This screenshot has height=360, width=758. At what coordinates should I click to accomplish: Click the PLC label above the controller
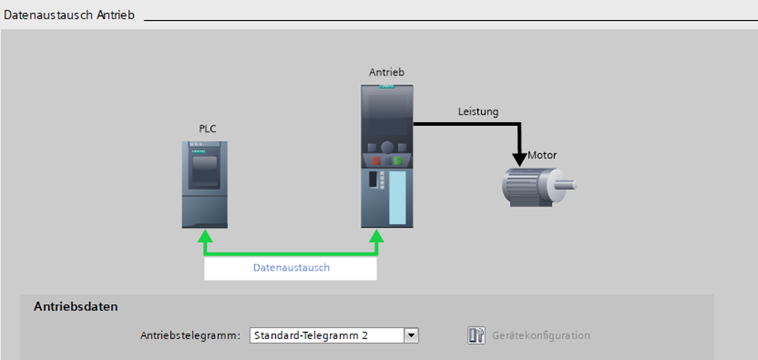tap(209, 129)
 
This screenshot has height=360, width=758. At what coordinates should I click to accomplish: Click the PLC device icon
tap(205, 184)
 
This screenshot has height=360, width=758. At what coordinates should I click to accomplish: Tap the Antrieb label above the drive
tap(387, 72)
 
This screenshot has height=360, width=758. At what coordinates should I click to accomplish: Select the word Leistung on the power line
tap(478, 111)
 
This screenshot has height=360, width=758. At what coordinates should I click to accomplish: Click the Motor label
tap(542, 156)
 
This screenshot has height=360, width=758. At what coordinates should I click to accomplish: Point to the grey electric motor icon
tap(538, 188)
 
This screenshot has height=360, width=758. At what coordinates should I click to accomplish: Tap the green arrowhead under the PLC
tap(205, 236)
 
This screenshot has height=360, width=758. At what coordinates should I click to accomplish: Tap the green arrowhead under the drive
tap(376, 236)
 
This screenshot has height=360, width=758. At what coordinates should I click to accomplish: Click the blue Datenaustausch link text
tap(291, 267)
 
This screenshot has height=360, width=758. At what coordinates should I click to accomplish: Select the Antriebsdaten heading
tap(76, 306)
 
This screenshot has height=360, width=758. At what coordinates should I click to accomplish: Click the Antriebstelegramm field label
tap(190, 335)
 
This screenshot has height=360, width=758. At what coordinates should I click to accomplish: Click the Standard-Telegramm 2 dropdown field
tap(327, 335)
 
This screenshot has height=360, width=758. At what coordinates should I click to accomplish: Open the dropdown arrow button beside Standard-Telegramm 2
tap(411, 335)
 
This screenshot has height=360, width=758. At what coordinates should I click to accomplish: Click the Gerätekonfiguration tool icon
tap(476, 335)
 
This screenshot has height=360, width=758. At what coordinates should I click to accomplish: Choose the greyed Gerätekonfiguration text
tap(541, 335)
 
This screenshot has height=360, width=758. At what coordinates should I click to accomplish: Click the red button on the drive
tap(375, 160)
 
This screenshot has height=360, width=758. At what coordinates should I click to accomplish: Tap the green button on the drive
tap(398, 160)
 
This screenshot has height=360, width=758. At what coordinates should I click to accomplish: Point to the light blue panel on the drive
tap(397, 197)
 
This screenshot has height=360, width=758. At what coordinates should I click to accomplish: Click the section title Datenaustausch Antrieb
tap(69, 15)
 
